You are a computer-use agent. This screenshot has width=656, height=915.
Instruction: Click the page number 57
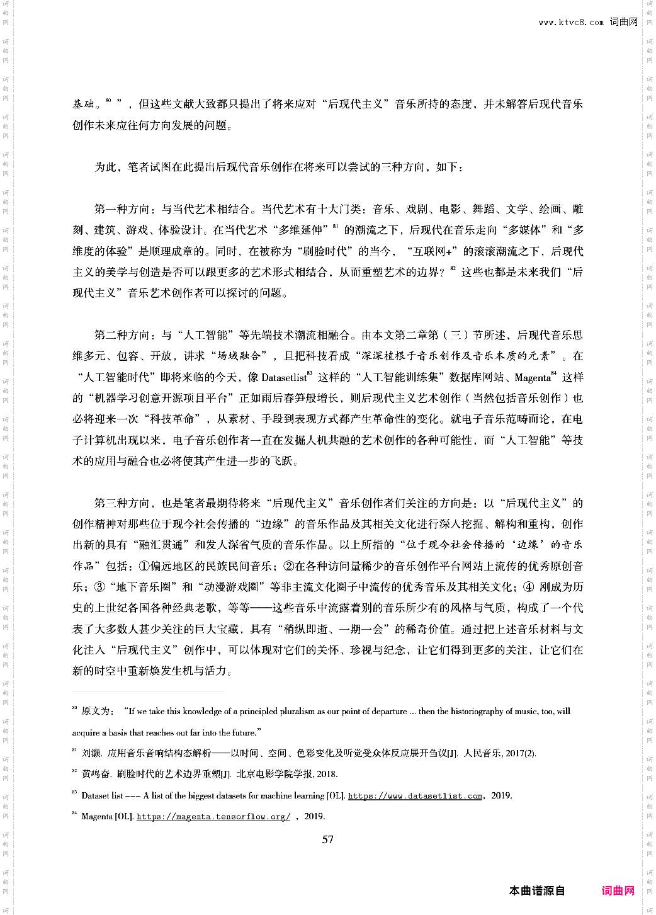click(x=327, y=839)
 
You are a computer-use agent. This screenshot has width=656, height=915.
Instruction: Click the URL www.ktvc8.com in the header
click(x=570, y=23)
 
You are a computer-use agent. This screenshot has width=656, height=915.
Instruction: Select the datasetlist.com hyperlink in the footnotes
click(x=415, y=796)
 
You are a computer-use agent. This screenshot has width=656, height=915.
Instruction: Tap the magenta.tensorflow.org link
click(x=213, y=817)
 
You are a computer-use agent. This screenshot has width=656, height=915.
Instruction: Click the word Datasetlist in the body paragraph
click(x=283, y=377)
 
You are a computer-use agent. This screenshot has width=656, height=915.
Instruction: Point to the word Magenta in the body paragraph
click(x=532, y=377)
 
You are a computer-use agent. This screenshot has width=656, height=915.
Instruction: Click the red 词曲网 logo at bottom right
click(x=618, y=890)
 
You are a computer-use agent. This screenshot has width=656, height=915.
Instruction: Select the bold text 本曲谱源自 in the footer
click(x=536, y=890)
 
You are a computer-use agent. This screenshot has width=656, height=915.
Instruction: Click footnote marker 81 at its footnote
click(x=74, y=751)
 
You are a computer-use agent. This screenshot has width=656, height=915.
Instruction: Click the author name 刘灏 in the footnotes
click(x=91, y=753)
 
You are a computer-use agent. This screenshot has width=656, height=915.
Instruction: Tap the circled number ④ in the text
click(x=529, y=587)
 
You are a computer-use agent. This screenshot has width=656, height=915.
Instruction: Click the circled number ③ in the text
click(x=99, y=587)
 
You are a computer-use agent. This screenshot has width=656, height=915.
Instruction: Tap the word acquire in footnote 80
click(x=86, y=732)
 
